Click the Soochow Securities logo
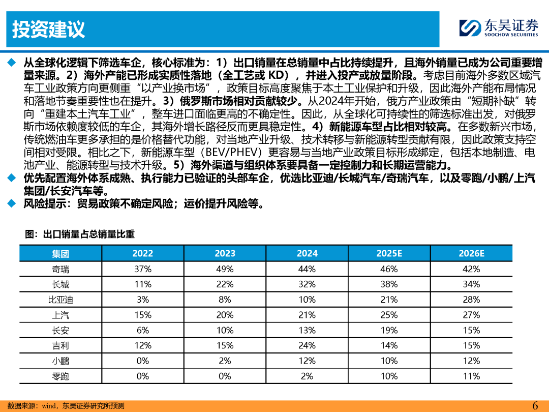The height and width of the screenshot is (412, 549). [x=499, y=28]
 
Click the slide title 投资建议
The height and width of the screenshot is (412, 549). [x=48, y=29]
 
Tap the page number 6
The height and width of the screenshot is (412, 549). [x=535, y=405]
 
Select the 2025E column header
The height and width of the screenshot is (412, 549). [x=389, y=253]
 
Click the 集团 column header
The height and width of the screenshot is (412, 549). [x=60, y=253]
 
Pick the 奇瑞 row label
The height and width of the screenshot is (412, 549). [x=60, y=269]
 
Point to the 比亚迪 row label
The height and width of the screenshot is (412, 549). [x=60, y=300]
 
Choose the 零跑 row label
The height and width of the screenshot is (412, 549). [x=60, y=376]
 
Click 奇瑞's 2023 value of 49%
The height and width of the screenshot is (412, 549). [x=225, y=269]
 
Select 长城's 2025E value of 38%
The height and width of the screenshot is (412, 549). [x=389, y=284]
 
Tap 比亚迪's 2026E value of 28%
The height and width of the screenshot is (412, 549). [x=471, y=300]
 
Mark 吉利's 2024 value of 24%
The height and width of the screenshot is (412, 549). [x=307, y=345]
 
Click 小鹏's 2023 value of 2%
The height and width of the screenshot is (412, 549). [x=225, y=361]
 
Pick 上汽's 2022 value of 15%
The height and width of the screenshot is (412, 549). [x=143, y=315]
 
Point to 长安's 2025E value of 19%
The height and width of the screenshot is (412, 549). [x=389, y=331]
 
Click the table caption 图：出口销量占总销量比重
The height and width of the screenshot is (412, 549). [x=80, y=234]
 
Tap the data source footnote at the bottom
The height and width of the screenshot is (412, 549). [x=66, y=406]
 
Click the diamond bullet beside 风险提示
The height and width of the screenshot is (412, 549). [x=12, y=203]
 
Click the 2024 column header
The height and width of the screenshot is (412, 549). [x=307, y=253]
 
